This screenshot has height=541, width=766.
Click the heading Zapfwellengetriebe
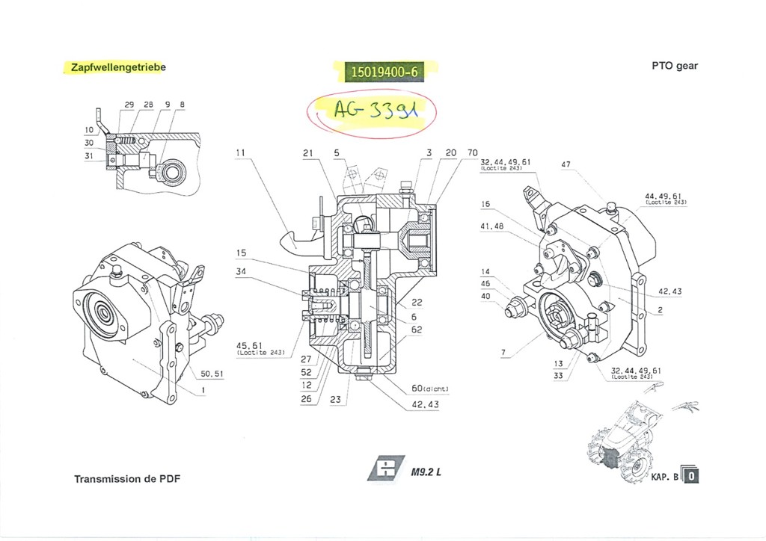coord(117,67)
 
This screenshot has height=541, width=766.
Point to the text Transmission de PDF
coord(127,478)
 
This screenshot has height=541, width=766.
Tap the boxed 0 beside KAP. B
coord(693,474)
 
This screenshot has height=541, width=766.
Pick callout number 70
coord(471,152)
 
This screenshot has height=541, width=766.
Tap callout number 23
coord(336,400)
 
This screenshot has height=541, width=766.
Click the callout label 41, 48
coord(491,225)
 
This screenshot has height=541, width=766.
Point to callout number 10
coord(89,130)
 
